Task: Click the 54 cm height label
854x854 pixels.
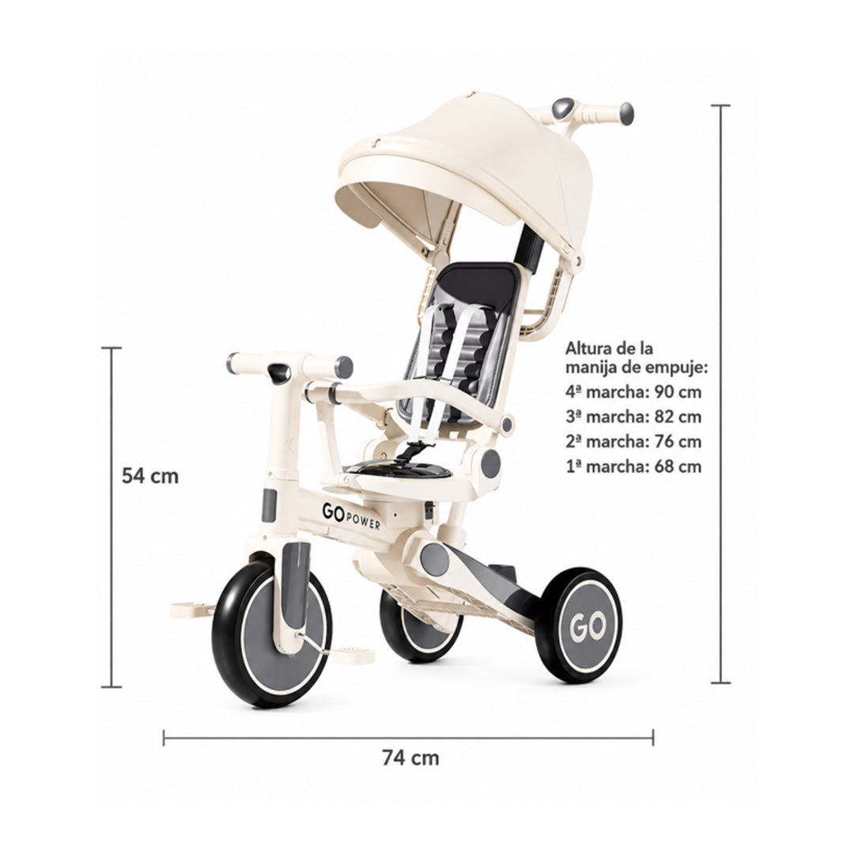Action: coord(149,476)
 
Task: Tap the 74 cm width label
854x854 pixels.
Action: coord(410,758)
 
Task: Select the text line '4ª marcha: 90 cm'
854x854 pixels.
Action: coord(633,391)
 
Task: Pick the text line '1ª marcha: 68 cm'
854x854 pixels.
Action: coord(633,467)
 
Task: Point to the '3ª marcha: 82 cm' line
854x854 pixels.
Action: coord(633,417)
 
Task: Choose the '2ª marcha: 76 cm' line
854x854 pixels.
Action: coord(633,441)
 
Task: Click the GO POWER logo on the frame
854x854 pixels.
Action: coord(351,516)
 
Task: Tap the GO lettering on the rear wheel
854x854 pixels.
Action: coord(588,627)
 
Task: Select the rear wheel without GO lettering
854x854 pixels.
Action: coord(421,626)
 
